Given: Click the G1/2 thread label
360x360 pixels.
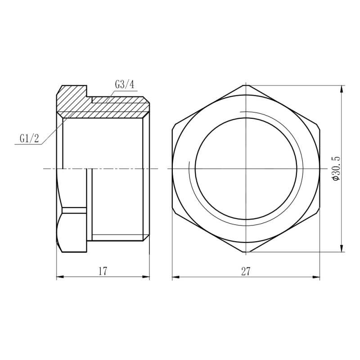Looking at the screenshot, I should click(x=29, y=138).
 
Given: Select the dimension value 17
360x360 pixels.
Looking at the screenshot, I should click(x=103, y=271).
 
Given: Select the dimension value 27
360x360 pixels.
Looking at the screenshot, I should click(x=246, y=271).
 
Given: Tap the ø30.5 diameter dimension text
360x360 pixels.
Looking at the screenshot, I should click(x=335, y=169).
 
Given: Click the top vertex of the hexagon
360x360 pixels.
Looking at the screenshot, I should click(x=246, y=85).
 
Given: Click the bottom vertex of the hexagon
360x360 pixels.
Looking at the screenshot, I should click(x=246, y=252).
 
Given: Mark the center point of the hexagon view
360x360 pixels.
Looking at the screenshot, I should click(x=246, y=169).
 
